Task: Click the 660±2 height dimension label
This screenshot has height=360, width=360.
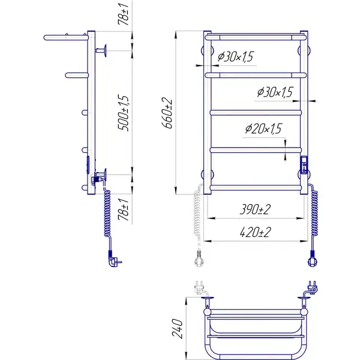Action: click(x=167, y=113)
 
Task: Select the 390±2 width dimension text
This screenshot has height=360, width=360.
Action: click(x=255, y=209)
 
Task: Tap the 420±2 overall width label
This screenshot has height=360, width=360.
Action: click(x=255, y=232)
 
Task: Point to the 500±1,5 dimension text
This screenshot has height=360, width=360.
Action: click(x=123, y=113)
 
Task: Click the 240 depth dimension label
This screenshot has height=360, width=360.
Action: click(x=178, y=328)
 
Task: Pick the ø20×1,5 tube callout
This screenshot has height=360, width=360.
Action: click(x=263, y=128)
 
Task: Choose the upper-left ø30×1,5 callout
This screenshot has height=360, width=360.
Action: click(x=236, y=56)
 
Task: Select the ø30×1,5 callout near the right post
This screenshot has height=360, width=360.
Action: click(x=275, y=92)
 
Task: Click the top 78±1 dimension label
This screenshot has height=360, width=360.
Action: click(x=123, y=14)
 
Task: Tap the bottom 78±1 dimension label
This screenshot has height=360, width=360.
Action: click(x=123, y=209)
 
